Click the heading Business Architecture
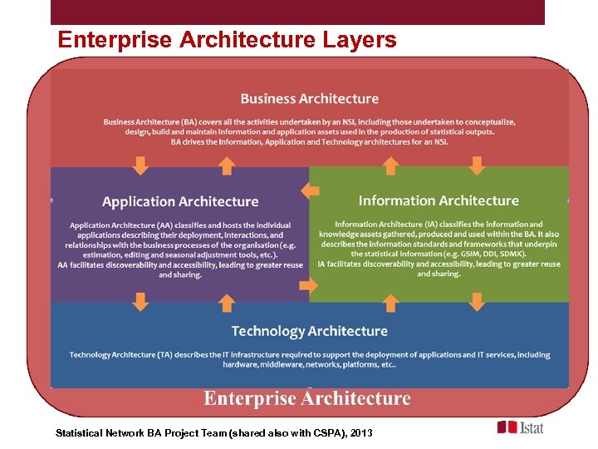(309, 99)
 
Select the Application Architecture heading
(180, 201)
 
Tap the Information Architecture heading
(439, 200)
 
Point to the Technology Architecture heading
(309, 331)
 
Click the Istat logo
(521, 427)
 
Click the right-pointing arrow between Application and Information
(308, 285)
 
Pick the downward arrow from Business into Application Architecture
(141, 165)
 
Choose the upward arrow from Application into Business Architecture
(225, 165)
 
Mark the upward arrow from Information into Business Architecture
(393, 165)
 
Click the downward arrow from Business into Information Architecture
(477, 165)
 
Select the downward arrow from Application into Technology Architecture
(141, 301)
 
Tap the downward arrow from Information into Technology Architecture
(477, 301)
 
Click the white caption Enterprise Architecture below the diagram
(307, 398)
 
